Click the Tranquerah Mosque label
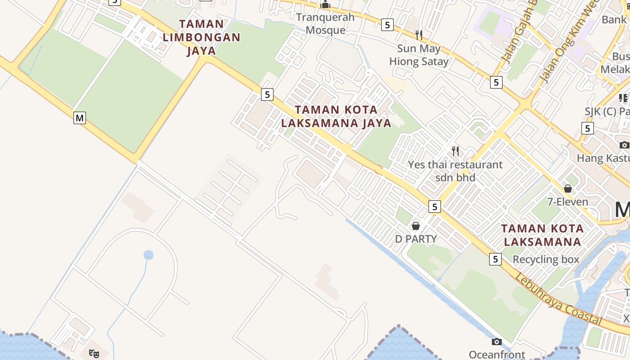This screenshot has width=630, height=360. (325, 24)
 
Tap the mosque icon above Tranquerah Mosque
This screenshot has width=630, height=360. (325, 5)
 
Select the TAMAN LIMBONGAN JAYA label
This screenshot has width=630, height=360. (202, 37)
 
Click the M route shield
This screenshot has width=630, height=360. (80, 118)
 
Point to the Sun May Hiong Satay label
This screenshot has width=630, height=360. (419, 55)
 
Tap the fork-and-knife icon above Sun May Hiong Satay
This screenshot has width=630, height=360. (419, 34)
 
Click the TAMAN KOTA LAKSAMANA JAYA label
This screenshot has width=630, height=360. (336, 116)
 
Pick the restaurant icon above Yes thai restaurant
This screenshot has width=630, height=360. (455, 151)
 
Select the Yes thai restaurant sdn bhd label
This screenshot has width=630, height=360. (455, 171)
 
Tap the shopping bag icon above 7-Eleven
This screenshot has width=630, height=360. (568, 188)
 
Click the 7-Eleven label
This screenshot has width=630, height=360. (567, 202)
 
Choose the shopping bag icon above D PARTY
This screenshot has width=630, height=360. (416, 225)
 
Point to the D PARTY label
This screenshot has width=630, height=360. (416, 238)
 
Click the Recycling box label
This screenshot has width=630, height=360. (546, 259)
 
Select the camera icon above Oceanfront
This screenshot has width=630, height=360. (497, 342)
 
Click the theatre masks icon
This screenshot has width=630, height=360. (94, 353)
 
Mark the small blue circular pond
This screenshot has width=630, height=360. (148, 255)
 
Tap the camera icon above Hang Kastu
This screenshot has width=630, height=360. (624, 145)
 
